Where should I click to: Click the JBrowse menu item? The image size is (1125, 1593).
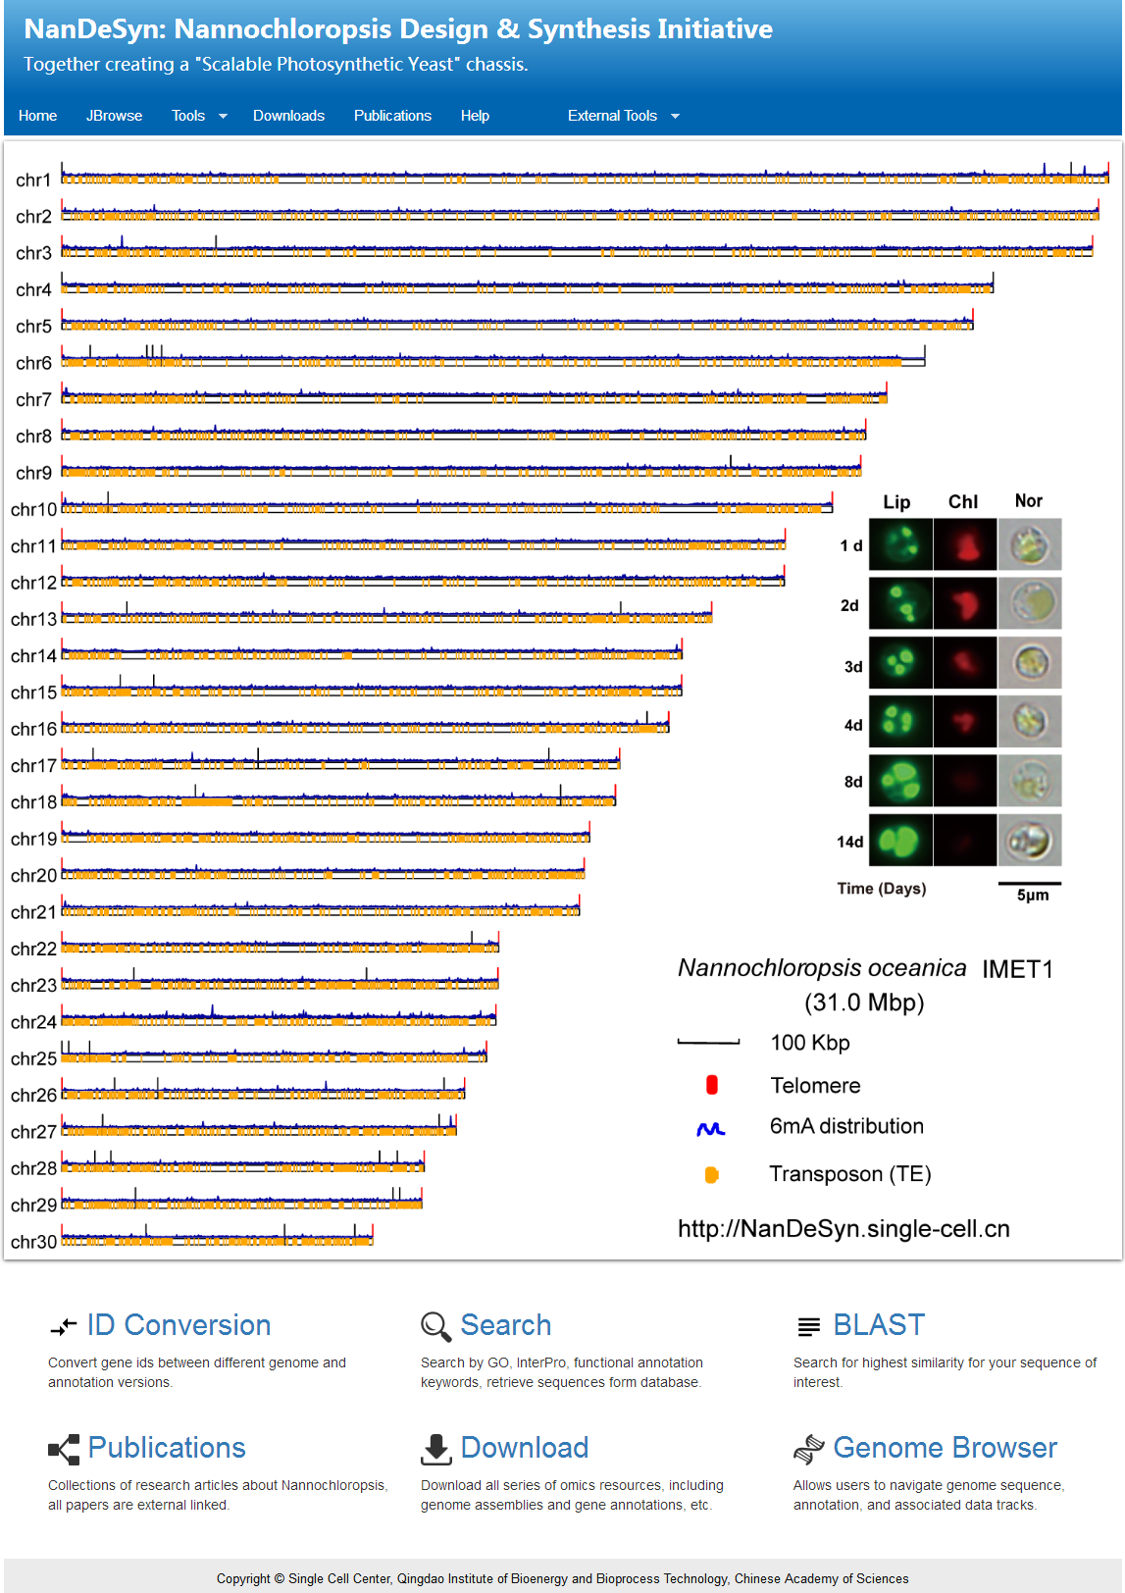[114, 116]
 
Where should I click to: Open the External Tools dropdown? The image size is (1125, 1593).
[623, 116]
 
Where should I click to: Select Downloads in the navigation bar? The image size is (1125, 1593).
[288, 116]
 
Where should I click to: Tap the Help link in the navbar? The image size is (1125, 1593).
[475, 116]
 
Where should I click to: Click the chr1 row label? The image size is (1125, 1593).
[33, 180]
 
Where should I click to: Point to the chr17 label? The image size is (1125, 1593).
[33, 766]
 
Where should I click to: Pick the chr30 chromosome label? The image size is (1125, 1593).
[33, 1242]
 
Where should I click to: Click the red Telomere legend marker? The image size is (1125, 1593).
[712, 1085]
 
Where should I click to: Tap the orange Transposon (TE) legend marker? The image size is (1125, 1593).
[712, 1174]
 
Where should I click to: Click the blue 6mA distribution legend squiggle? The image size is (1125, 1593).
[711, 1129]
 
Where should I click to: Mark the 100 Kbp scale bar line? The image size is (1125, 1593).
[708, 1042]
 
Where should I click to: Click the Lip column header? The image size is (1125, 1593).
[896, 502]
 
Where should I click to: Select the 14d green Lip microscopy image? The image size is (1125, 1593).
[900, 841]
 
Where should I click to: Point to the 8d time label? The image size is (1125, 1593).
[853, 782]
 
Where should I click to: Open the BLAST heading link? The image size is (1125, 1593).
[878, 1325]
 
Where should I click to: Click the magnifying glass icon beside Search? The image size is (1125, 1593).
[435, 1326]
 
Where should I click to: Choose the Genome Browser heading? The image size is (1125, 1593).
[945, 1448]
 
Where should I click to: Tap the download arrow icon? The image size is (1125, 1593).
[435, 1449]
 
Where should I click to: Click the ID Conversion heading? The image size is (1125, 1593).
[179, 1325]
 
